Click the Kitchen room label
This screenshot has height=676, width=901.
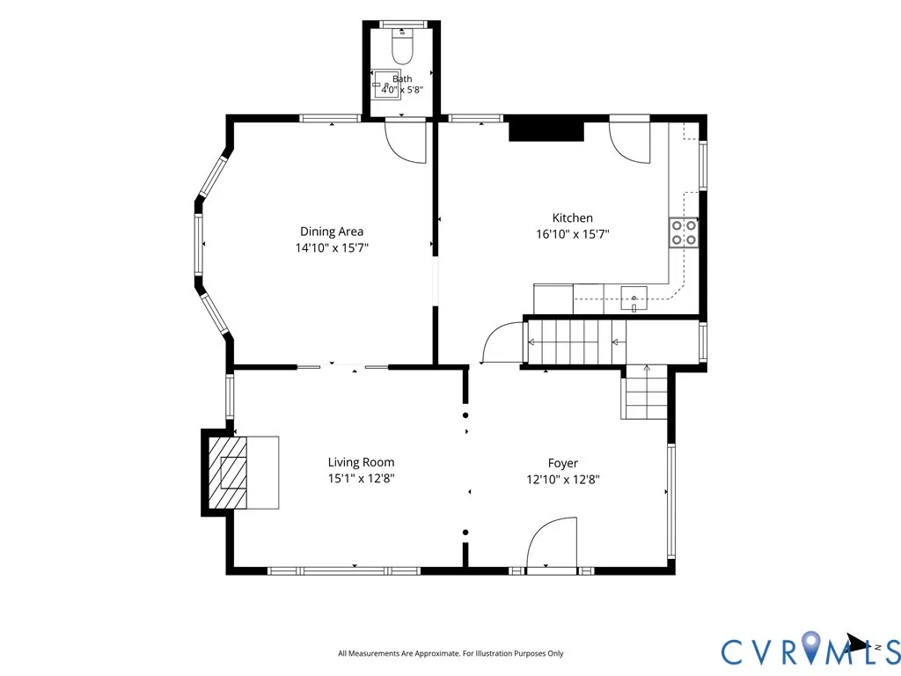[572, 218]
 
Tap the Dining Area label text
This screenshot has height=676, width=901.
[332, 231]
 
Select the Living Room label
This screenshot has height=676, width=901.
[361, 462]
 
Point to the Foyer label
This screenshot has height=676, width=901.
[562, 463]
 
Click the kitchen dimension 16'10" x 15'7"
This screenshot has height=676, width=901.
[572, 234]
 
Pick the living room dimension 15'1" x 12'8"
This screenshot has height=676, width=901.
[361, 478]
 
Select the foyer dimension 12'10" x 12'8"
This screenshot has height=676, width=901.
[562, 480]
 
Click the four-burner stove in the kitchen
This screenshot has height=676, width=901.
[684, 232]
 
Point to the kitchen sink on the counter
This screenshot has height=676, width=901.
[634, 299]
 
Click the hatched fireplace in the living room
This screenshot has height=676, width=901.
[228, 473]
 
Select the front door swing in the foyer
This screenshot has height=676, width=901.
[551, 541]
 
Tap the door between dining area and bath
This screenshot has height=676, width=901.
[406, 141]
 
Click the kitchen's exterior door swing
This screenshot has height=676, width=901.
[630, 143]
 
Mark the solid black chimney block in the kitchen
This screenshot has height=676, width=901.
[546, 131]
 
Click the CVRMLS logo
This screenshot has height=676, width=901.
[810, 649]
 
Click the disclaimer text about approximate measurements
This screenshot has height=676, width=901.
[450, 653]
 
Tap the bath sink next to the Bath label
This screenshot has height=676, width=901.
[387, 85]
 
